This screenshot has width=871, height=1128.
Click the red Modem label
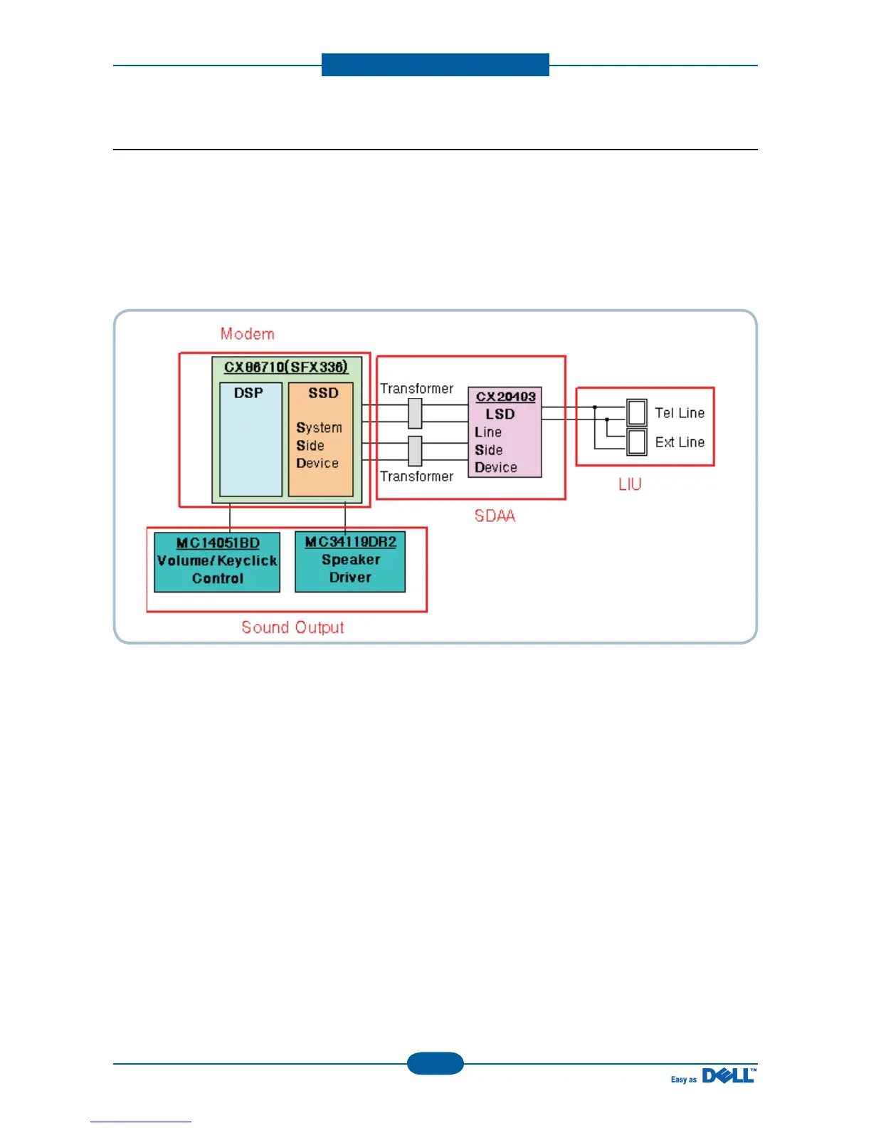coord(247,334)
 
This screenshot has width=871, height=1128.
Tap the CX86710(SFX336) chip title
coord(286,367)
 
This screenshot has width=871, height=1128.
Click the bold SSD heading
coord(323,393)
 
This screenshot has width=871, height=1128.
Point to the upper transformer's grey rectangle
coord(415,413)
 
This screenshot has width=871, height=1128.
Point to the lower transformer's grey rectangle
coord(415,451)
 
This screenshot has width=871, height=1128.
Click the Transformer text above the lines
coord(416,389)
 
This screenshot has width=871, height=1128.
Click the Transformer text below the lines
coord(416,476)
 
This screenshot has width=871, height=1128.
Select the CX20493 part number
coord(505,397)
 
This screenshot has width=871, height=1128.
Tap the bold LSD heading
coord(500,414)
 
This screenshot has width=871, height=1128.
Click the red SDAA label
coord(495,516)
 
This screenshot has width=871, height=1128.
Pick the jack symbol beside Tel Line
coord(637,412)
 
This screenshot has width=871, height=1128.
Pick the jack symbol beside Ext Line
coord(637,442)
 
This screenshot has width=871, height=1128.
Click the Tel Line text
coord(680,413)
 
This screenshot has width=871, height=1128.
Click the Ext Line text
coord(680,442)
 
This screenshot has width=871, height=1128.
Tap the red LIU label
coord(630,485)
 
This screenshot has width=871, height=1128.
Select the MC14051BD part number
coord(218,543)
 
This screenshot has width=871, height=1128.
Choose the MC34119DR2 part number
coord(350,542)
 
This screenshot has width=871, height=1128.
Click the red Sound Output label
coord(292,627)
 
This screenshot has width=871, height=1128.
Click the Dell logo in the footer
coord(729,1076)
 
